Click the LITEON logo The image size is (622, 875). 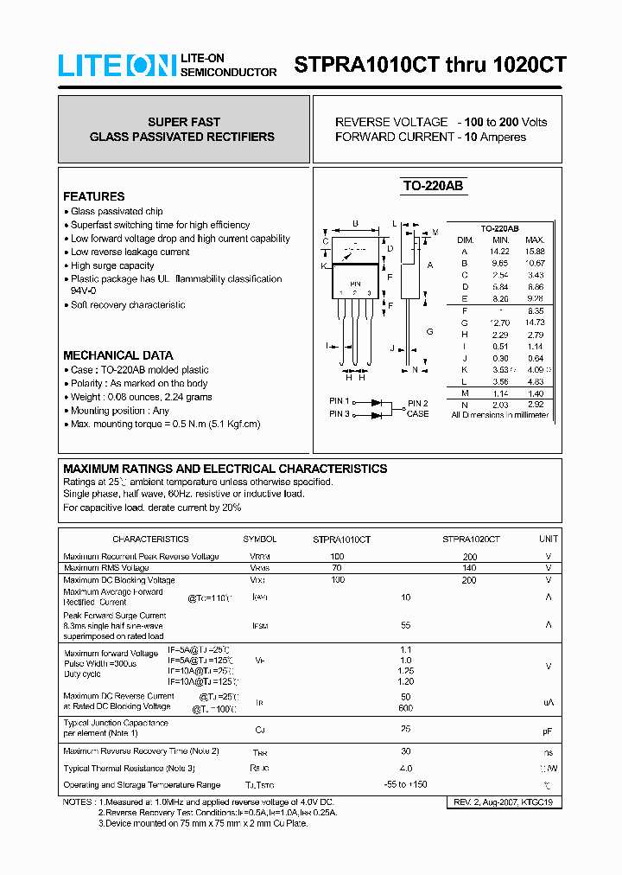pos(117,66)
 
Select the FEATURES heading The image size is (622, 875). pos(93,196)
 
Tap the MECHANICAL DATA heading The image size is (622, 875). pos(117,355)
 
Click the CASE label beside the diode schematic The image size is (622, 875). pos(417,414)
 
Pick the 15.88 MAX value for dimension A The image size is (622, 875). pos(535,251)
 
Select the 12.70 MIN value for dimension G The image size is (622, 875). pos(500,323)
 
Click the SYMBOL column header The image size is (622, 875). pos(259,539)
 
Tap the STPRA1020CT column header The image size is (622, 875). pos(471,539)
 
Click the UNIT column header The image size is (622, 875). pos(549,539)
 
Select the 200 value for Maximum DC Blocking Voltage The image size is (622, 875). pos(469,580)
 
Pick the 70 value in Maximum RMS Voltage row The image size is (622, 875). pos(337,568)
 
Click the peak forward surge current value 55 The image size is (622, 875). pos(405,625)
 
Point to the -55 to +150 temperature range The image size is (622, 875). pos(406,785)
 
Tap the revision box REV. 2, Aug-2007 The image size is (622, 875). pos(503,802)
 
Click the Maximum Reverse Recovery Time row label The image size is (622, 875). pos(141,750)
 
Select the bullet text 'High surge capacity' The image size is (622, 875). pos(112,265)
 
